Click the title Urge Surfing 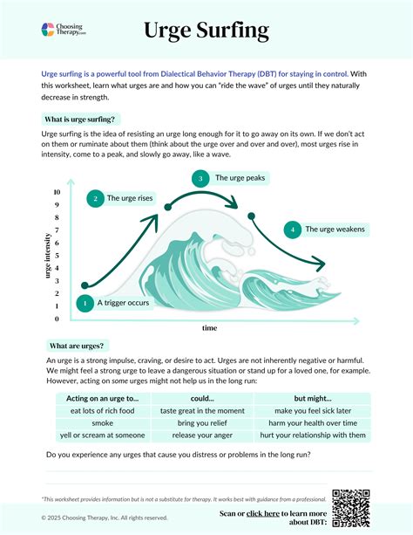pyautogui.click(x=206, y=31)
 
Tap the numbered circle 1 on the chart pyautogui.click(x=85, y=303)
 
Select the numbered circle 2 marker pyautogui.click(x=95, y=198)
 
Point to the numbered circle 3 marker pyautogui.click(x=200, y=178)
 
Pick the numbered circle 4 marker pyautogui.click(x=293, y=230)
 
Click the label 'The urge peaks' pyautogui.click(x=240, y=178)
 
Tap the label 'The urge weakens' pyautogui.click(x=334, y=230)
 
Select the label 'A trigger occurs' pyautogui.click(x=123, y=303)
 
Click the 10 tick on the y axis pyautogui.click(x=57, y=192)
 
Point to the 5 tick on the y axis pyautogui.click(x=57, y=256)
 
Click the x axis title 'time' pyautogui.click(x=209, y=328)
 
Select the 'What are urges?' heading pyautogui.click(x=78, y=346)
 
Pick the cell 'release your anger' pyautogui.click(x=202, y=435)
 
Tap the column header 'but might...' pyautogui.click(x=313, y=398)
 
